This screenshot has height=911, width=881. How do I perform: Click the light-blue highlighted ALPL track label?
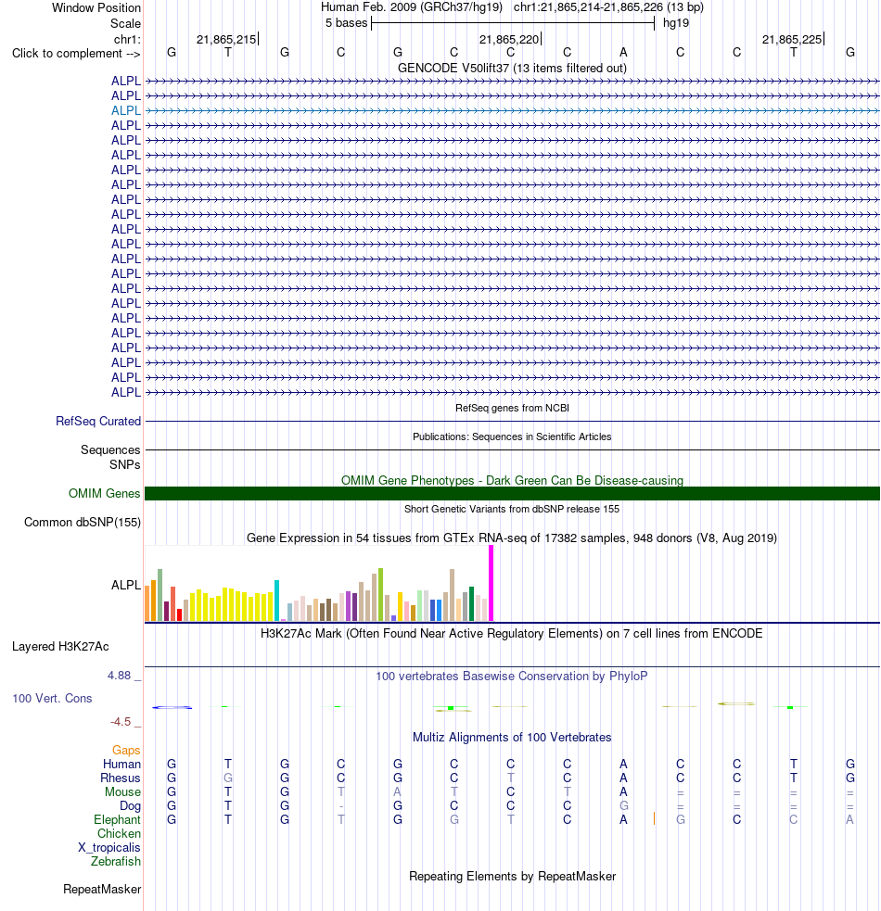[125, 110]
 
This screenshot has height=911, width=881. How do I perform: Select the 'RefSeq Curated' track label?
[98, 422]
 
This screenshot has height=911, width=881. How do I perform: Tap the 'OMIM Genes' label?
[104, 493]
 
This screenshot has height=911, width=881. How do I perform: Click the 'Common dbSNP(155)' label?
[83, 523]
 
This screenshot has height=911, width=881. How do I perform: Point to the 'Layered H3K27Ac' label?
[60, 647]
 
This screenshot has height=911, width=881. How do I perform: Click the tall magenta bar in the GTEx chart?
[491, 583]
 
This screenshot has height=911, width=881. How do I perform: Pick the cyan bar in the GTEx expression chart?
[276, 601]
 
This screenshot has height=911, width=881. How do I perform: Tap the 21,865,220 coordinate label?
[509, 40]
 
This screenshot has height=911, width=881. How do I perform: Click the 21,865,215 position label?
[226, 40]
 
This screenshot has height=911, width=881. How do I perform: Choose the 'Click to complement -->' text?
[76, 54]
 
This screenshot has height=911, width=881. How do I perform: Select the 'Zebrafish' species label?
[116, 861]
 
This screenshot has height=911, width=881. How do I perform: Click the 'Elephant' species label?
[117, 819]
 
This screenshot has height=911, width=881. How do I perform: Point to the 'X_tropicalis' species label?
[109, 847]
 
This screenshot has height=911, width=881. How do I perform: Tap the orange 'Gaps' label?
[126, 750]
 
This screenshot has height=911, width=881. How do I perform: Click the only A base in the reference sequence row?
[623, 52]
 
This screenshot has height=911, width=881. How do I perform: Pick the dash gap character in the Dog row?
[340, 806]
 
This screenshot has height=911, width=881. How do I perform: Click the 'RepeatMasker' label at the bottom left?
[102, 889]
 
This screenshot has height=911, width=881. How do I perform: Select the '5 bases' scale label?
[347, 23]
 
